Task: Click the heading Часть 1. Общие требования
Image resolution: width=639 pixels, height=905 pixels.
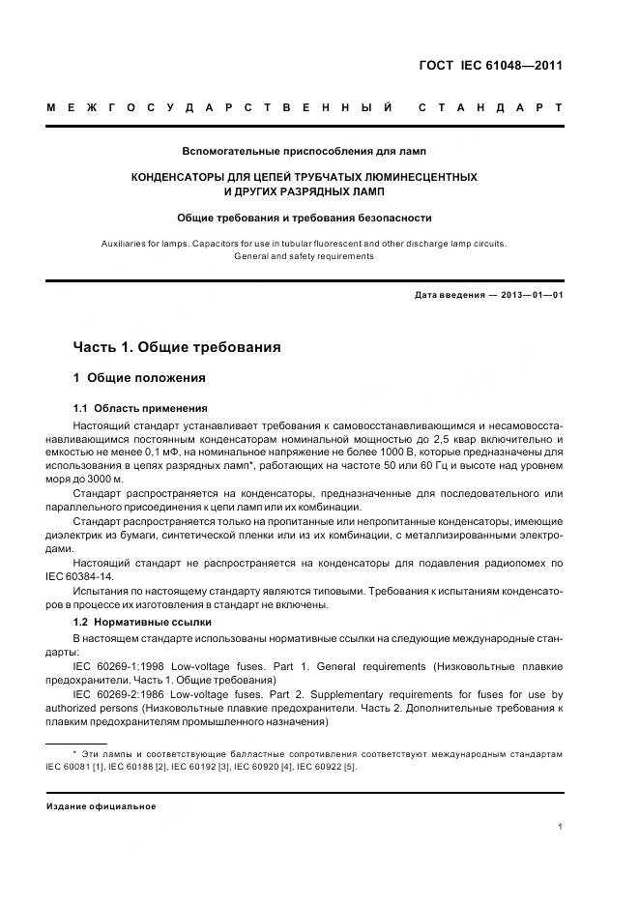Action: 177,347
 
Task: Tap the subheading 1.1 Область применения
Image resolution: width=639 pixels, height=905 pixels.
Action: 140,408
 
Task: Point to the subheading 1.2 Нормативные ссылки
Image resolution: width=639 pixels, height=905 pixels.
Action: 142,621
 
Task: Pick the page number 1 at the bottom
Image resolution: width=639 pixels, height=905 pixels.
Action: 561,826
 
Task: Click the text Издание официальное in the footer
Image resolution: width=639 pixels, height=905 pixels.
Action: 102,806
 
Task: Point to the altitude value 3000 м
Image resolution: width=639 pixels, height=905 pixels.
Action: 103,480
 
